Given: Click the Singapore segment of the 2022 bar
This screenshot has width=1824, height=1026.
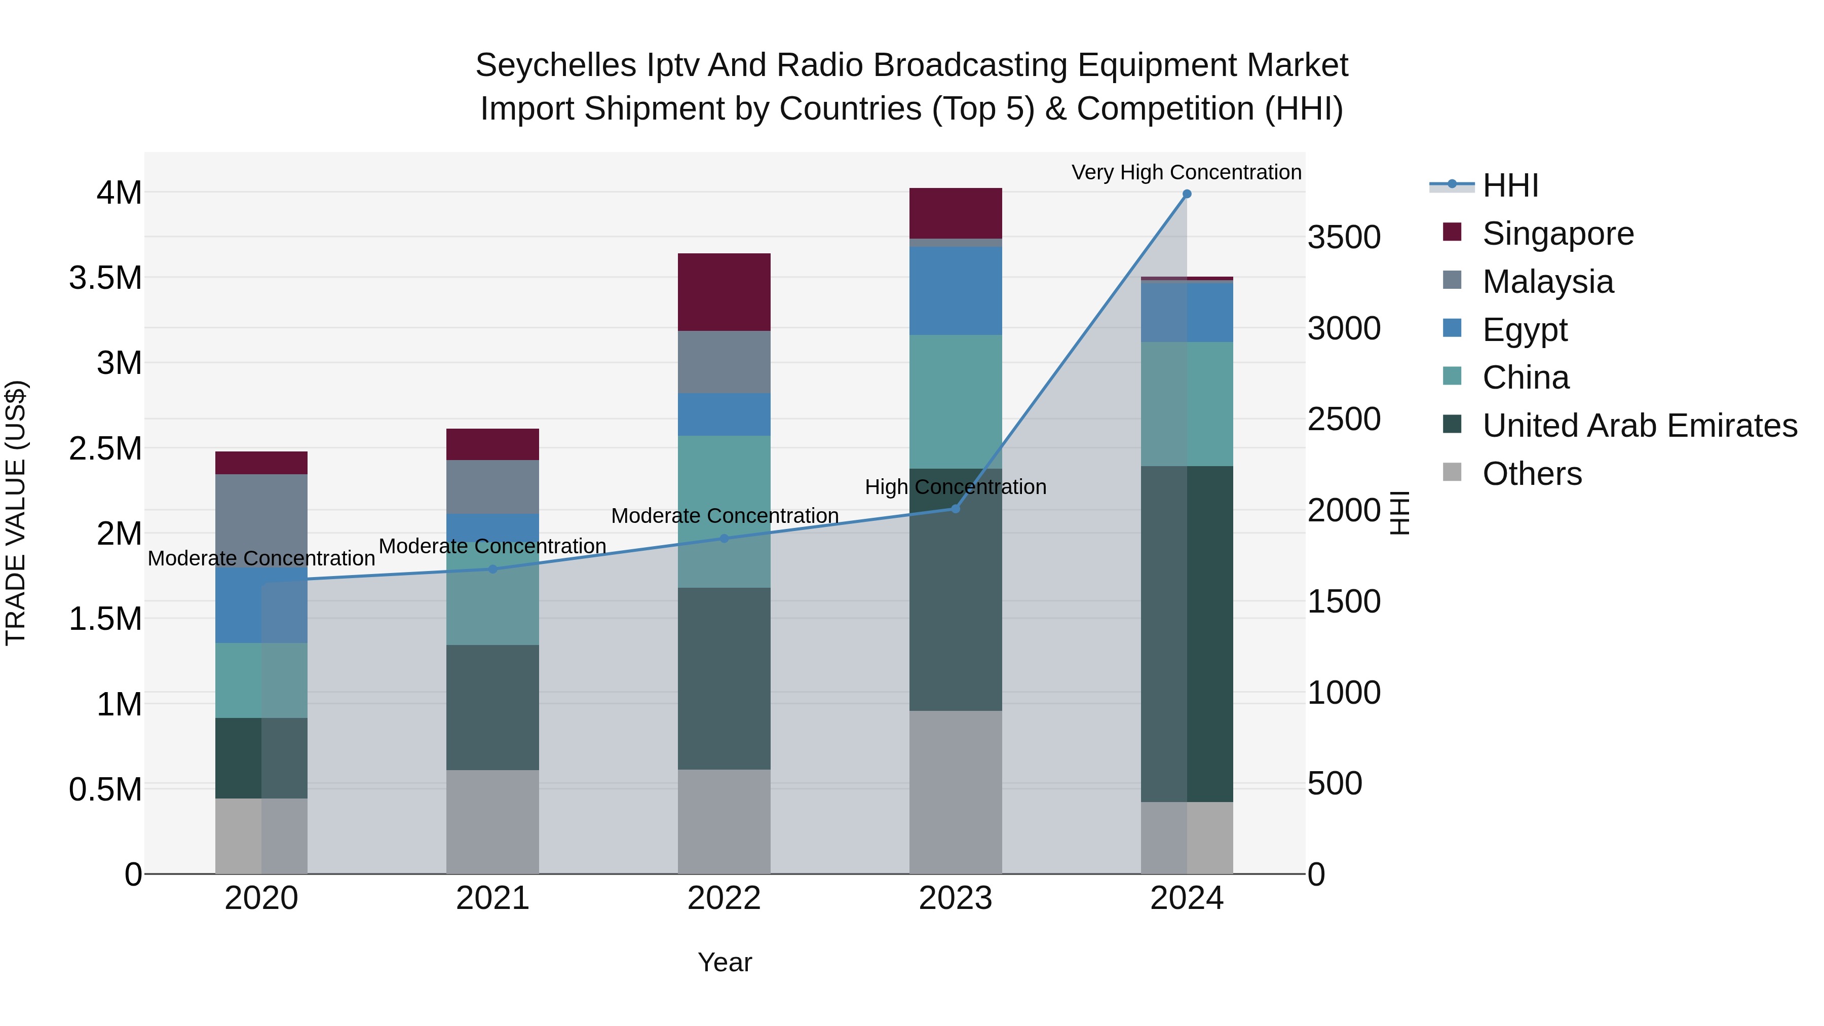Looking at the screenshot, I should pos(724,292).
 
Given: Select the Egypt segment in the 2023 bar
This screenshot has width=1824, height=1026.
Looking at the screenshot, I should pos(955,290).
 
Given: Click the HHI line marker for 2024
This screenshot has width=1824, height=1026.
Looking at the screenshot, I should pos(1187,194).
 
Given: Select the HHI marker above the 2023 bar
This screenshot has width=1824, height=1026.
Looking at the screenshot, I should pos(955,508).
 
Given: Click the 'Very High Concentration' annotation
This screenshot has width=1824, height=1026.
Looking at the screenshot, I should pos(1186,172).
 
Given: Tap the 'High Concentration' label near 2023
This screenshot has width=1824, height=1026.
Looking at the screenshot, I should pos(955,487).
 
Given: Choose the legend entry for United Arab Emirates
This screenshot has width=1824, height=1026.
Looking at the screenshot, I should pos(1639,426).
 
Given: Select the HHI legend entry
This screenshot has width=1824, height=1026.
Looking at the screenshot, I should pos(1510,185).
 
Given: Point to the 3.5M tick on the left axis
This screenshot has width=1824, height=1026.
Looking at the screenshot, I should pos(105,278).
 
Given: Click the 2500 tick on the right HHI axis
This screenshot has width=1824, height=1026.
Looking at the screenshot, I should pos(1343,419).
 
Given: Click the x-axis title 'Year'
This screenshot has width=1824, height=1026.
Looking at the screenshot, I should pos(725,962).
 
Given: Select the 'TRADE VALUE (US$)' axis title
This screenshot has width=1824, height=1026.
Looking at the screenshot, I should pos(16,513).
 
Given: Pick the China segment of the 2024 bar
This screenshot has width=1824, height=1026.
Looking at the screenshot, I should pos(1187,404).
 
